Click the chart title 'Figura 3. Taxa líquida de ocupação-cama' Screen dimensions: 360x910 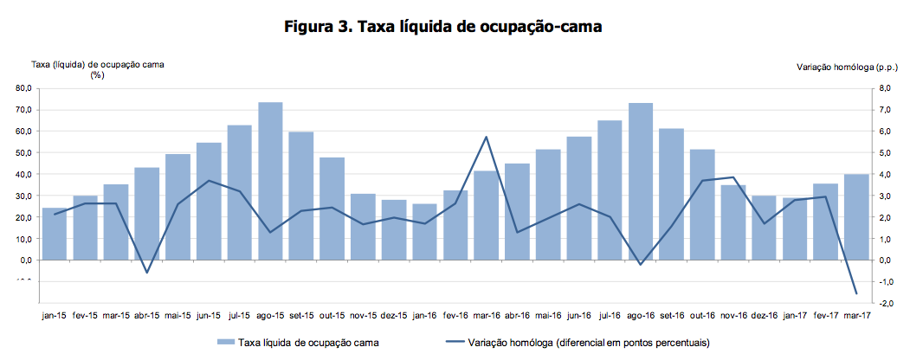(x=442, y=27)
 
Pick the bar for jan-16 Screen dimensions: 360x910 (x=424, y=232)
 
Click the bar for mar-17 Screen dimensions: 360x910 (x=856, y=216)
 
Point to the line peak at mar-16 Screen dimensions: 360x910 (x=487, y=137)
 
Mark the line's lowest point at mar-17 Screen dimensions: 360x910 (x=856, y=293)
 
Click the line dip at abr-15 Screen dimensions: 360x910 (x=147, y=273)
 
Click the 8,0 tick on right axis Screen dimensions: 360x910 (x=886, y=88)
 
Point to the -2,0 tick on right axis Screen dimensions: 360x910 (x=885, y=303)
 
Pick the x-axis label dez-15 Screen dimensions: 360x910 (x=394, y=316)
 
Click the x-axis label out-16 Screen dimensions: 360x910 (x=702, y=316)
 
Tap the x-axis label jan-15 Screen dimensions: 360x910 (x=55, y=316)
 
